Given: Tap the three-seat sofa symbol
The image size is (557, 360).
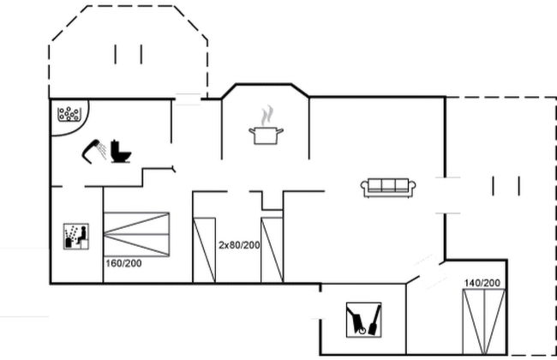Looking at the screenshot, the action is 388,187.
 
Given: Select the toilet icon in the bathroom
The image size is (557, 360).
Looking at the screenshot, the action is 121,152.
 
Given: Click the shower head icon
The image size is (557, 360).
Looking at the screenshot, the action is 93,152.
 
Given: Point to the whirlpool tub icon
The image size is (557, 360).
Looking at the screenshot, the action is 69,114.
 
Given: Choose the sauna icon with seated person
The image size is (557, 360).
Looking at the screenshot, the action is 76,237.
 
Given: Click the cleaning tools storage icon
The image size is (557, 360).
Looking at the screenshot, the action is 363,320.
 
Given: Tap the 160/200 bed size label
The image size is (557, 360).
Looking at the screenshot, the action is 123,263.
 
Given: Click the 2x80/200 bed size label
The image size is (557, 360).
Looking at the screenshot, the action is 239,245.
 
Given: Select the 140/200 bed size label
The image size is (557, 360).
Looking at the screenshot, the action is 482,283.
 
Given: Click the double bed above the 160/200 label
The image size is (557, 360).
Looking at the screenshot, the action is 136,234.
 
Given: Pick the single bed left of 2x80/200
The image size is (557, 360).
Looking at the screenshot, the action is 204,250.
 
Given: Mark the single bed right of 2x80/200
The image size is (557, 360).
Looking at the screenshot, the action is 273,250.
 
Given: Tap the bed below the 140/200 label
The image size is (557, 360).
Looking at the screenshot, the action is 484,321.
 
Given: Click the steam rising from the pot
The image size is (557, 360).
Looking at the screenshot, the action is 267,116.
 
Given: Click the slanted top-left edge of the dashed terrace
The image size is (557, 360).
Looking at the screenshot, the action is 69,23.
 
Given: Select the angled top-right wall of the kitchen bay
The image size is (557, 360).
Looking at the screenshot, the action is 300,90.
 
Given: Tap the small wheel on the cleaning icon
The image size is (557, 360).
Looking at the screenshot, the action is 362,331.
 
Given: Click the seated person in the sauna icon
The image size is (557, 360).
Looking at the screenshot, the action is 82,235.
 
